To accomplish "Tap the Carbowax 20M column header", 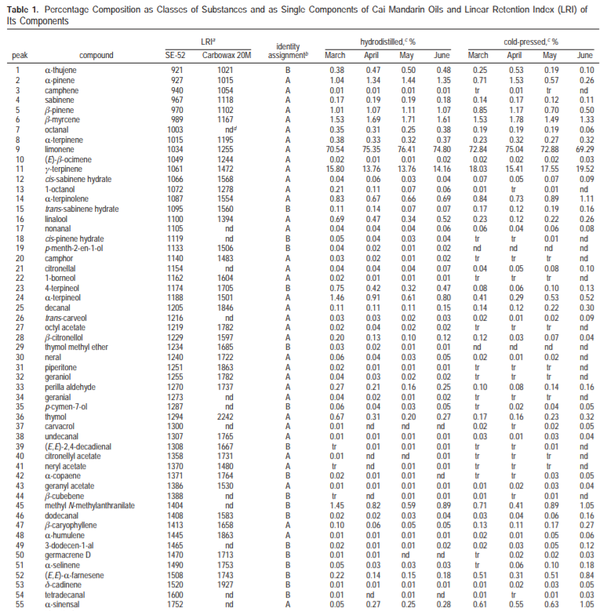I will coord(227,56).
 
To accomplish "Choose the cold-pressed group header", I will coord(527,39).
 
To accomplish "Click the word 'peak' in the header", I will coord(18,56).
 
